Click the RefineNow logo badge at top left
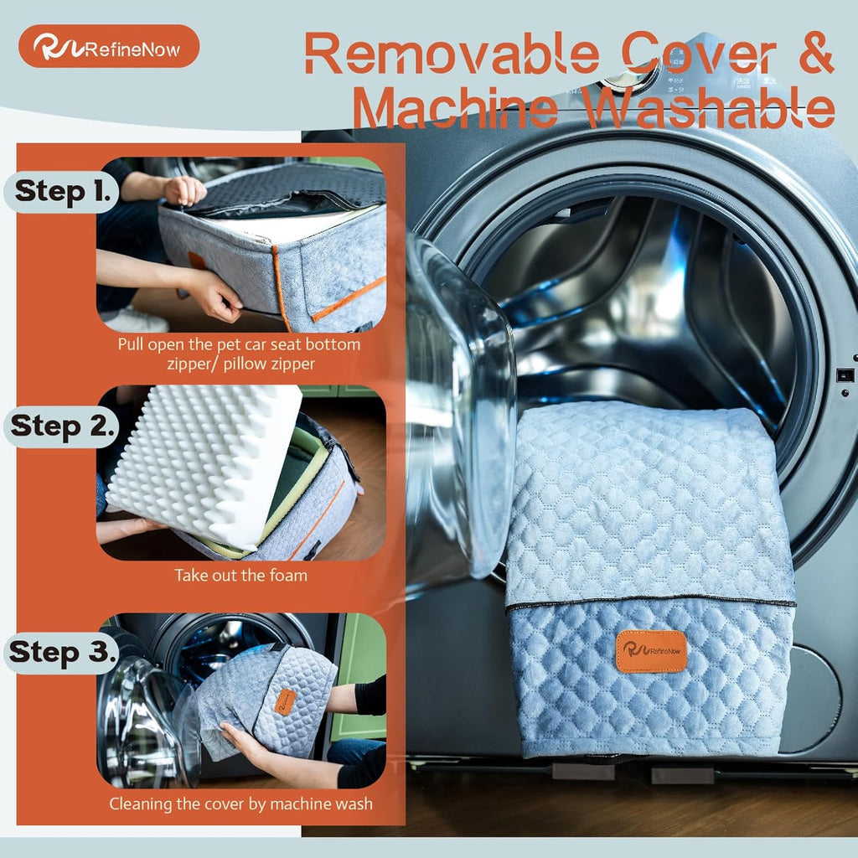(109, 47)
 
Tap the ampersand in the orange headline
(811, 52)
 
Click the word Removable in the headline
(452, 53)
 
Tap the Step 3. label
(64, 652)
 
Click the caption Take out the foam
(240, 575)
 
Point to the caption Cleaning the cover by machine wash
(240, 804)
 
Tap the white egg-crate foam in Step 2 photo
(204, 464)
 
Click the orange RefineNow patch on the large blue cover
(651, 651)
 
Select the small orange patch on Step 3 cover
(285, 702)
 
